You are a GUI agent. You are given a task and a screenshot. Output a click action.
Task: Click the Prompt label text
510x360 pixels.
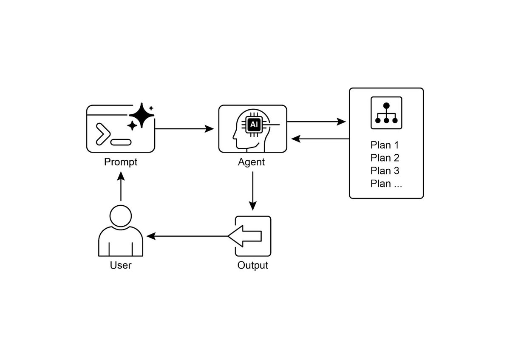(x=121, y=162)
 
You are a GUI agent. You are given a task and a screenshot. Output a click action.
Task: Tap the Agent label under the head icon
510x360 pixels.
(x=251, y=162)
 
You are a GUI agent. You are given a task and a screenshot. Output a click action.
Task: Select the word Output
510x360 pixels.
(x=253, y=266)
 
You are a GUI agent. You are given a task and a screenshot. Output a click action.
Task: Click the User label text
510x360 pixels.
(x=121, y=266)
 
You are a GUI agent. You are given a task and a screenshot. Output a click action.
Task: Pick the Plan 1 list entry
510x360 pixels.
(x=385, y=145)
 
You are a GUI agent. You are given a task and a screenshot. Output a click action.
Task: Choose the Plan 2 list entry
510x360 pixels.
(x=385, y=158)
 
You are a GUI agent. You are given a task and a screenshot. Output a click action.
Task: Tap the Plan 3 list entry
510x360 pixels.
(x=385, y=171)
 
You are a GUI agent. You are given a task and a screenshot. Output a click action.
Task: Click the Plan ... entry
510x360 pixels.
(x=386, y=184)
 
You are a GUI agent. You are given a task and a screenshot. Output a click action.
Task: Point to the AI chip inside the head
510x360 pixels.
(x=254, y=125)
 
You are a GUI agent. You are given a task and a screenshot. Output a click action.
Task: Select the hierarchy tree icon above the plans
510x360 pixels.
(x=386, y=113)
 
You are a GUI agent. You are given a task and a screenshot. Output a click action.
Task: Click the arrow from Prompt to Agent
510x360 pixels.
(x=185, y=128)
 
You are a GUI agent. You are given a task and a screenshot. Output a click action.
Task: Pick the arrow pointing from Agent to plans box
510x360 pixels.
(x=317, y=122)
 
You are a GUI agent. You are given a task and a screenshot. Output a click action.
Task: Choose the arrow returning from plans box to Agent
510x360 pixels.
(x=321, y=139)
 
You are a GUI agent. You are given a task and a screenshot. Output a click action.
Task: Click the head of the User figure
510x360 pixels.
(x=121, y=215)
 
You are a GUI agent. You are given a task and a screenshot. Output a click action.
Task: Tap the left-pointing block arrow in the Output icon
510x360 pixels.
(x=244, y=236)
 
